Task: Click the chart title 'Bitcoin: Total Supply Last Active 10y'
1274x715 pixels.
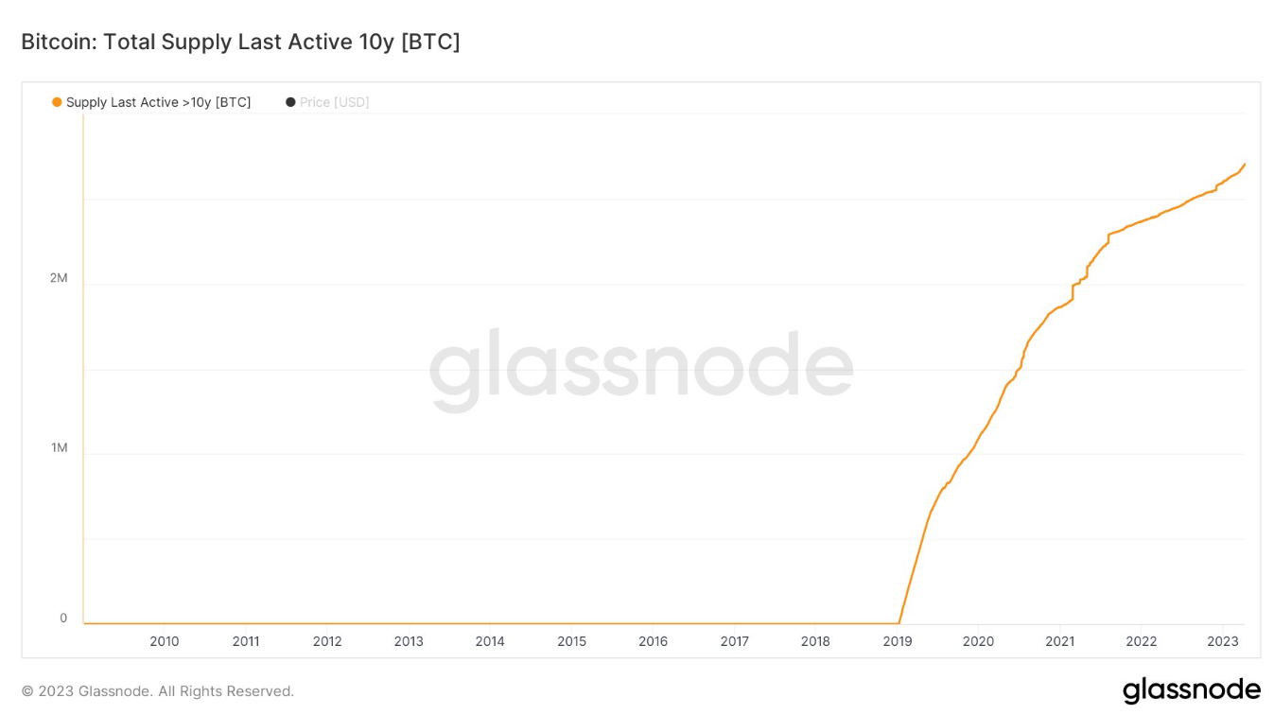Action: [x=240, y=42]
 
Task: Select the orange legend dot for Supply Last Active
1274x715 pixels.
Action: [x=57, y=102]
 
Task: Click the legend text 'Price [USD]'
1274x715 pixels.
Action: [x=334, y=102]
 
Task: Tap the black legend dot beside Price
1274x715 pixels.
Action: [x=290, y=102]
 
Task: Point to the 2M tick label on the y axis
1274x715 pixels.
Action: [x=59, y=278]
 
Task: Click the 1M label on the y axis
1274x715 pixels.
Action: [x=59, y=447]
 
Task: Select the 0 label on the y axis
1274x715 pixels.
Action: [x=63, y=618]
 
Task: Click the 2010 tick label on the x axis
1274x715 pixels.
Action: [x=165, y=641]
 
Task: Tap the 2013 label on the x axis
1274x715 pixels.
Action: [x=409, y=641]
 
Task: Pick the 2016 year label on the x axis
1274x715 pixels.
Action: [x=653, y=641]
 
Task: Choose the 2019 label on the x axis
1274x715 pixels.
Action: [x=897, y=641]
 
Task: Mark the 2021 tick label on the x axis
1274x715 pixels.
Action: [x=1059, y=641]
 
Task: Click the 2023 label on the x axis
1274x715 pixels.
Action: [x=1222, y=641]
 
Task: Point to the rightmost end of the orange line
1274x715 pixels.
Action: [x=1244, y=165]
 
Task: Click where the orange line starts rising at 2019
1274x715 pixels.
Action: [x=899, y=622]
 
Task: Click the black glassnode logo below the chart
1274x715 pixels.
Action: [x=1191, y=690]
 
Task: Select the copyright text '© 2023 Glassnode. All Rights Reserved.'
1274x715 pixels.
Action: [x=158, y=691]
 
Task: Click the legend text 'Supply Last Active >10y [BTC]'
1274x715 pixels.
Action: [x=158, y=102]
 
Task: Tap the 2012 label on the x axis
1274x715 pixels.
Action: [x=327, y=641]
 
